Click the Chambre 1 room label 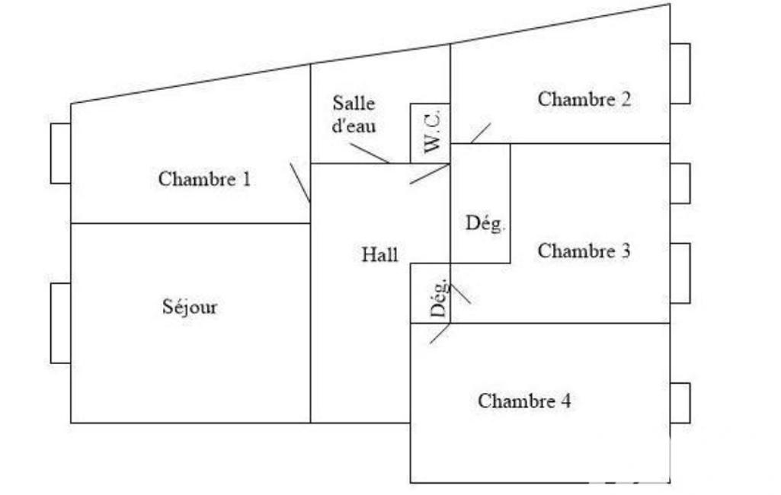[x=204, y=180]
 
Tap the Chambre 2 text [x=584, y=99]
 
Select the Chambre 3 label [x=584, y=251]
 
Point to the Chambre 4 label [x=524, y=401]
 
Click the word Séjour [x=190, y=307]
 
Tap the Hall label [x=379, y=255]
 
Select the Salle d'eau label [x=354, y=115]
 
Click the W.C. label [x=432, y=133]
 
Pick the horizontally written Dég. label [x=485, y=224]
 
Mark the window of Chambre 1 [x=60, y=153]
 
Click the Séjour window [x=60, y=323]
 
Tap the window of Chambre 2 [x=680, y=73]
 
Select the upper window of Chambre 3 [x=680, y=183]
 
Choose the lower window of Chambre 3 [x=680, y=273]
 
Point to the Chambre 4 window [x=680, y=402]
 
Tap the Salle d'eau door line [x=371, y=153]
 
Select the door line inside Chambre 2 [x=481, y=133]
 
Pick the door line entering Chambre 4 [x=440, y=333]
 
